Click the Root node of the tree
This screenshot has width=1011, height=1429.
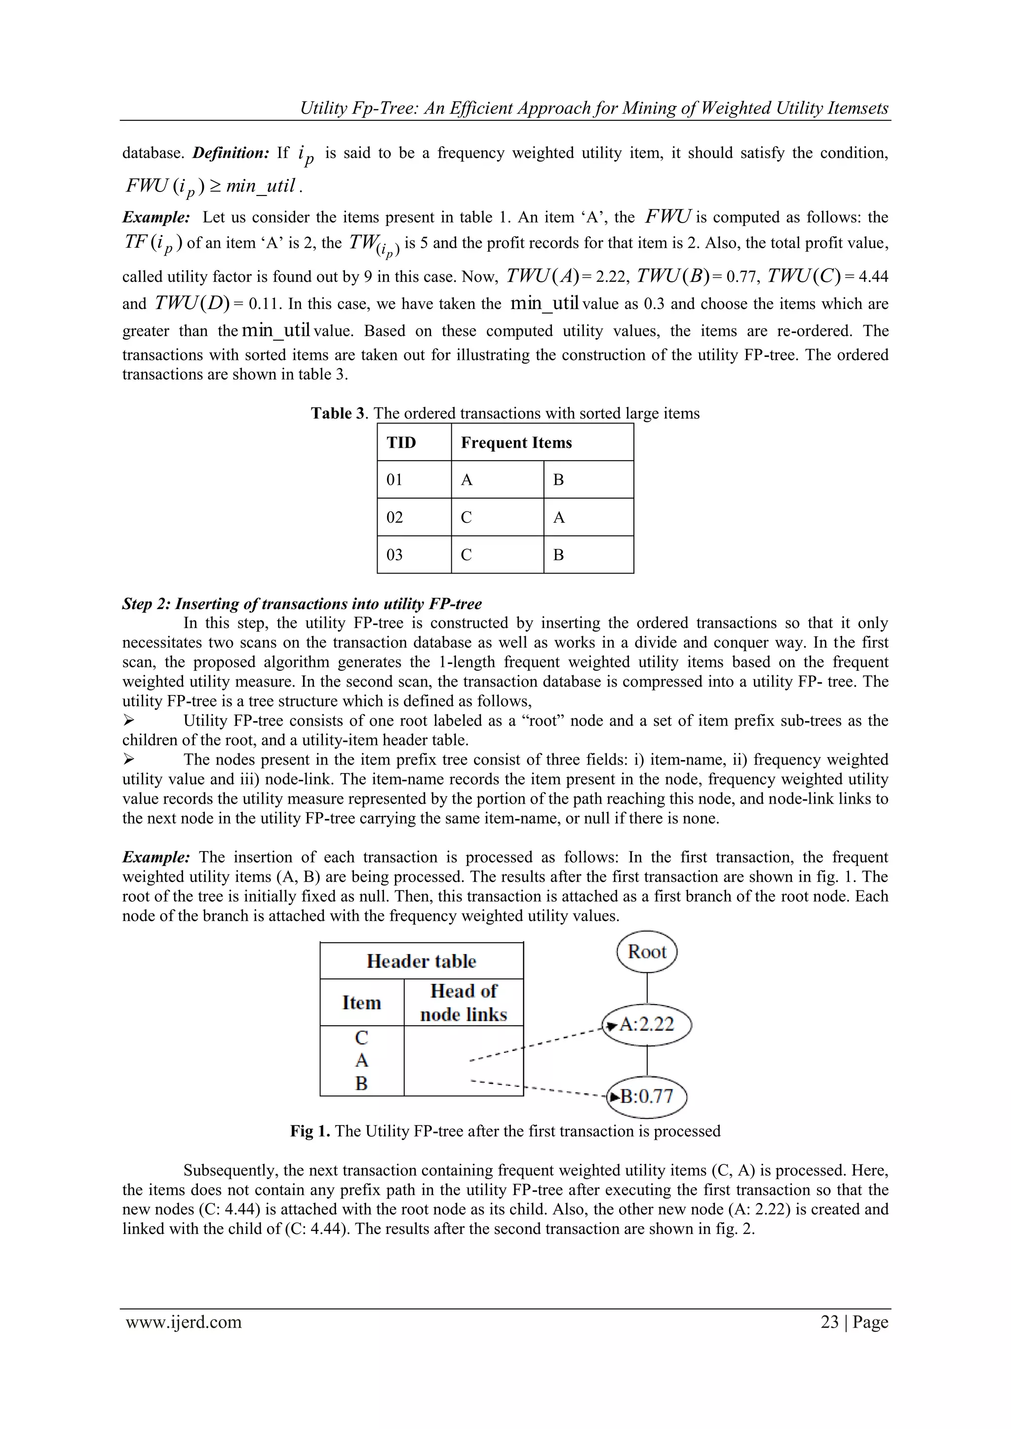[647, 952]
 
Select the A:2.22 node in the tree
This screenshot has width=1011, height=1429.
[648, 1024]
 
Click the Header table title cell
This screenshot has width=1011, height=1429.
[422, 961]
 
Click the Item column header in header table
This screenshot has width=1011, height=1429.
[362, 1003]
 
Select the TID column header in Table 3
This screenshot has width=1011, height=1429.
[401, 442]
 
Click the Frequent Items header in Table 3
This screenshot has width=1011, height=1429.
[516, 442]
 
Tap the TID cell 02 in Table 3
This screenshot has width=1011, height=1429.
[395, 517]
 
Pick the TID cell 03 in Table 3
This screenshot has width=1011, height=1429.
[395, 554]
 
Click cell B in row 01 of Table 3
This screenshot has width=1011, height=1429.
[558, 480]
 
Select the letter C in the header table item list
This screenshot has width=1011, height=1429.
[362, 1038]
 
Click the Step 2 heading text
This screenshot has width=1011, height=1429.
[302, 604]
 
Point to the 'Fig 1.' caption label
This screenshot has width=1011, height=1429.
[310, 1131]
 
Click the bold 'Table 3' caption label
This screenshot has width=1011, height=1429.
[338, 413]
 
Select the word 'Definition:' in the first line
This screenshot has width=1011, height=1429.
[231, 153]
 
